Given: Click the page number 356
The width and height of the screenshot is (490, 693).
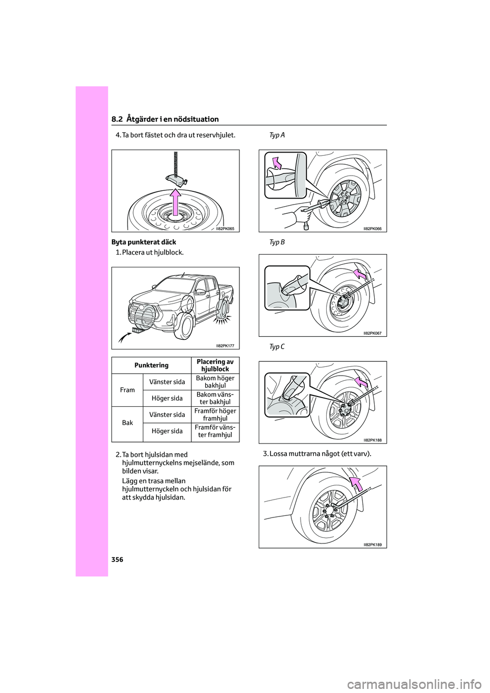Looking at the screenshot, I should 117,559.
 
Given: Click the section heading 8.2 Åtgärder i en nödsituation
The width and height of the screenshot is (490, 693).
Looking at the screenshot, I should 165,119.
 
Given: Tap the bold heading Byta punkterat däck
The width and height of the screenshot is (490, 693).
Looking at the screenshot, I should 143,242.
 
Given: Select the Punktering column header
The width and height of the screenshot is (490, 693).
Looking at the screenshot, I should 151,365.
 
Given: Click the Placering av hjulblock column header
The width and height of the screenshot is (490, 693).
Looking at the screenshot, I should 215,365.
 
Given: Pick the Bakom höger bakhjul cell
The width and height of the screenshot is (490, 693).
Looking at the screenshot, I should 215,382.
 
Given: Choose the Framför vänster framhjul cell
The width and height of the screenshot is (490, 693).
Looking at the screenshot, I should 215,431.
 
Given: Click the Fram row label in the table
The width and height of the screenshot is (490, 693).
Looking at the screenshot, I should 127,390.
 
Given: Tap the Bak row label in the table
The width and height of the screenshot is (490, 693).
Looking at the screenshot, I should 127,423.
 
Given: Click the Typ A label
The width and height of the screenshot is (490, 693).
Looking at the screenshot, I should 277,135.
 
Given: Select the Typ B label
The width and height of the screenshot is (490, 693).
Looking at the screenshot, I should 277,242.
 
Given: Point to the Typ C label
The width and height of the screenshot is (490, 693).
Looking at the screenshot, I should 277,347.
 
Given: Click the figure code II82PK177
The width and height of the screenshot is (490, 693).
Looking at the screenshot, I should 225,345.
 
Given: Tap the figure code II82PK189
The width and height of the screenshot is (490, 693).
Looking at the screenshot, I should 372,544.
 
